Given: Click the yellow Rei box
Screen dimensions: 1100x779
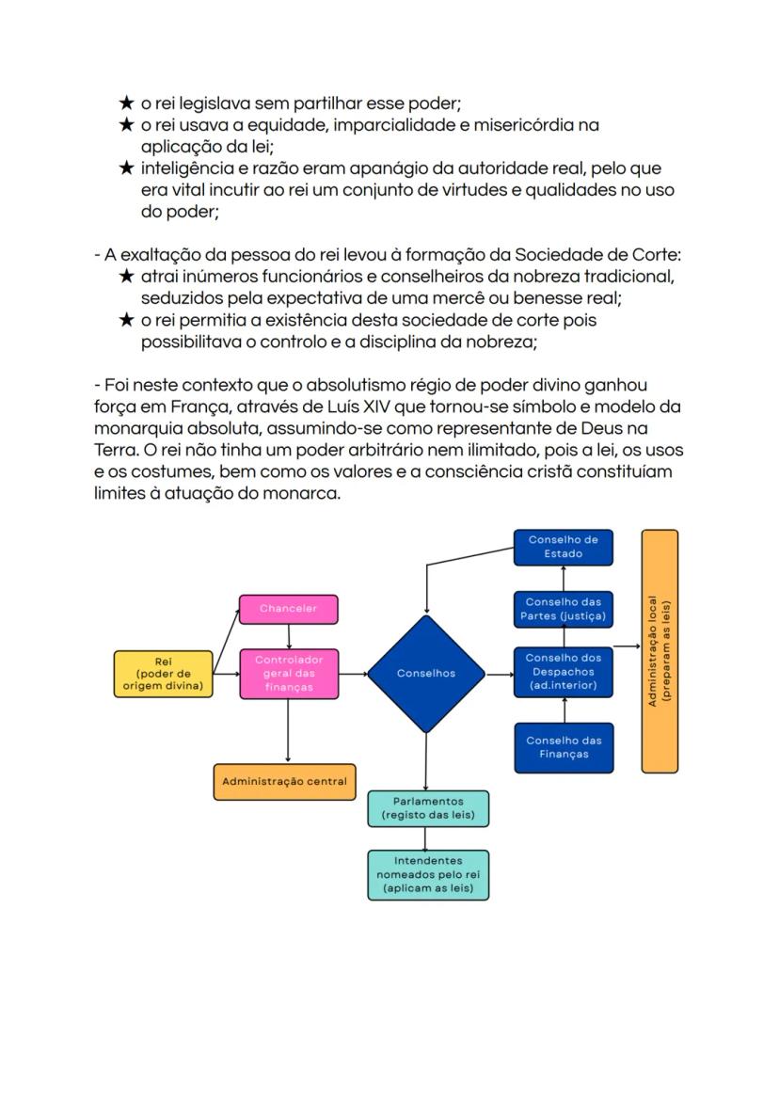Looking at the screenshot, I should pyautogui.click(x=163, y=674).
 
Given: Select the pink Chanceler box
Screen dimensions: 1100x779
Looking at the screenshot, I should pyautogui.click(x=288, y=609).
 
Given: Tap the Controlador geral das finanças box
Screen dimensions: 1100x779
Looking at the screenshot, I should pyautogui.click(x=288, y=674).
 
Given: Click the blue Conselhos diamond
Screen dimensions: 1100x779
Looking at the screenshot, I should pyautogui.click(x=426, y=674).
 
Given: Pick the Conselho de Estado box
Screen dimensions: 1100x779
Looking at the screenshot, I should pyautogui.click(x=563, y=548).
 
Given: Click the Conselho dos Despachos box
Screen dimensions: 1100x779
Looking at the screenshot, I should pyautogui.click(x=563, y=674).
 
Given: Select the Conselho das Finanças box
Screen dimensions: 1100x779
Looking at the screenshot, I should pyautogui.click(x=563, y=747).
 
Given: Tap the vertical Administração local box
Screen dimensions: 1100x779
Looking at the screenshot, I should pyautogui.click(x=660, y=651).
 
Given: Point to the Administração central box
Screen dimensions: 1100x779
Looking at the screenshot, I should pyautogui.click(x=284, y=782).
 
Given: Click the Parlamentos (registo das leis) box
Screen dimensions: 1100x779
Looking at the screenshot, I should pyautogui.click(x=428, y=808).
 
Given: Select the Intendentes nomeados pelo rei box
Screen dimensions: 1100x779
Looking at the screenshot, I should pyautogui.click(x=428, y=875).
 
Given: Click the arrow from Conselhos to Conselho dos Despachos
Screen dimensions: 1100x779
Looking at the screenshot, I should pyautogui.click(x=499, y=674).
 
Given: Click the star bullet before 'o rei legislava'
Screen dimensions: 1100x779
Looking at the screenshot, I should pyautogui.click(x=127, y=103).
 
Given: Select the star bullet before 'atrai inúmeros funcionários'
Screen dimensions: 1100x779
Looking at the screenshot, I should pyautogui.click(x=127, y=277).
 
